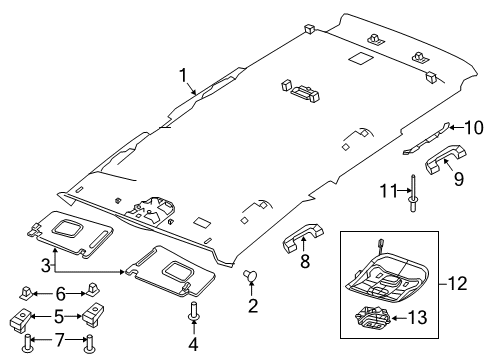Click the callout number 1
(x=182, y=73)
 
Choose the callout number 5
(x=59, y=318)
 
